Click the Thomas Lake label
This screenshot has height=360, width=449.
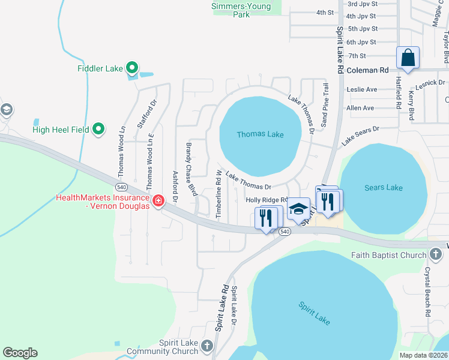coord(260,134)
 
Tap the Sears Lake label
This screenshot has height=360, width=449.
coord(384,188)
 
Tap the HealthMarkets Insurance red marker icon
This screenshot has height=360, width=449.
coord(158,200)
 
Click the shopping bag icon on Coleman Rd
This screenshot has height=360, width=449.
coord(408,58)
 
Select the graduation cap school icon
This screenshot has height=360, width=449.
coord(298,209)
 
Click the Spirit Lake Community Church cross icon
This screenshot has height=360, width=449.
coord(207,346)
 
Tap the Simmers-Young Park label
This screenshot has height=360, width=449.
coord(241,10)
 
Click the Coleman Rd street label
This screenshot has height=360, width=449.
coord(368,70)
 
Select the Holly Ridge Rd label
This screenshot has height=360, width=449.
coord(267,200)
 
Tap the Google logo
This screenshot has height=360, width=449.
coord(20,353)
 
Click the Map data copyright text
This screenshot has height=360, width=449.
coord(423,355)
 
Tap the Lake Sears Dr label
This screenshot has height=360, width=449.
coord(361,136)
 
